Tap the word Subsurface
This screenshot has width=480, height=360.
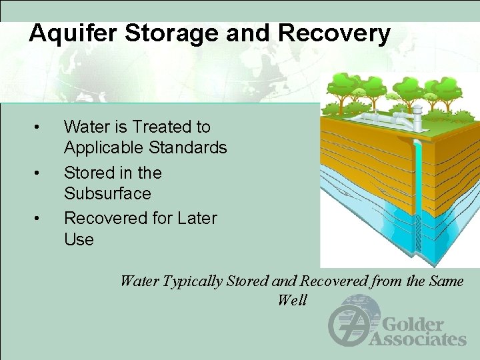pos(107,193)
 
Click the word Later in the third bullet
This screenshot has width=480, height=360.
pos(195,218)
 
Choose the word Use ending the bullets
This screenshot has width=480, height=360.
pos(79,239)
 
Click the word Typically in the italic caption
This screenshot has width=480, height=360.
pos(191,281)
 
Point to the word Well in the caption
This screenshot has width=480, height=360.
pos(292,300)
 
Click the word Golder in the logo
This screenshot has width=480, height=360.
pos(412,325)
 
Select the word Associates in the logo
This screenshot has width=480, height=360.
pos(417,339)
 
